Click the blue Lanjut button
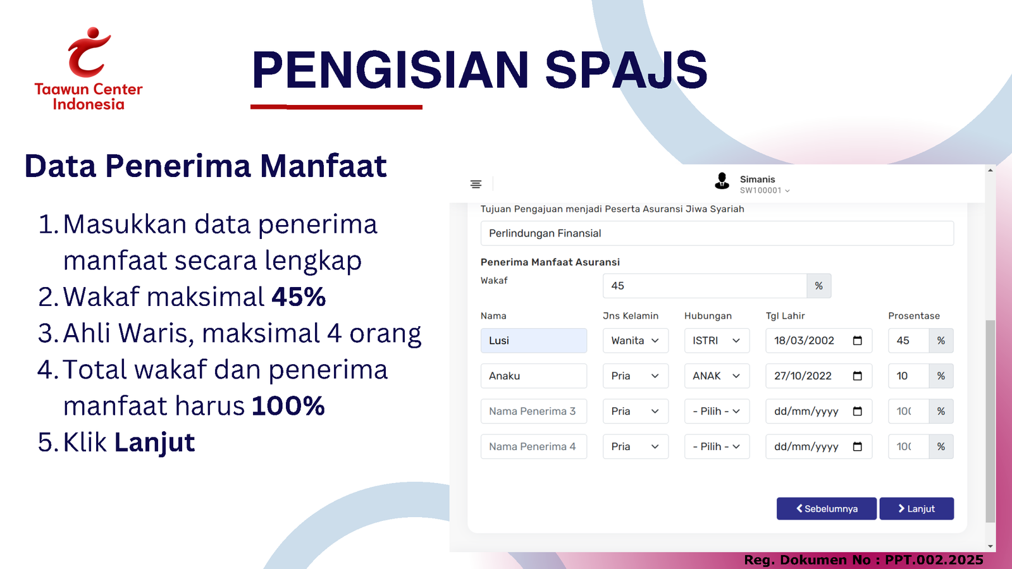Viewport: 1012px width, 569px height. (916, 508)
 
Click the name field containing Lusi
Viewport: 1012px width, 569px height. (534, 341)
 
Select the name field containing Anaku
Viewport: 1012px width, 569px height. (534, 376)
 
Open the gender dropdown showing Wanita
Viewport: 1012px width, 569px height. (635, 341)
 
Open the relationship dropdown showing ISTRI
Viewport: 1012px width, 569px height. (717, 341)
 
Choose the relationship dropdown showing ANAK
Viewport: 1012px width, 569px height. (717, 376)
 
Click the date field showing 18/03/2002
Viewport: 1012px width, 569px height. (818, 341)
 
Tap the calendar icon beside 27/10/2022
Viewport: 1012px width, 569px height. (858, 376)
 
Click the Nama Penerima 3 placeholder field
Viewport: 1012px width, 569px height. (534, 411)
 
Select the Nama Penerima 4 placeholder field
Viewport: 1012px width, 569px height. (534, 446)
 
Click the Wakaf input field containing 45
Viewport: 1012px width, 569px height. (705, 285)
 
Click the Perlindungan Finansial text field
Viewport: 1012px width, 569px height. (717, 233)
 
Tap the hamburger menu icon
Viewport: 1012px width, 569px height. (476, 184)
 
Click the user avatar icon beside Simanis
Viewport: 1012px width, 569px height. (722, 181)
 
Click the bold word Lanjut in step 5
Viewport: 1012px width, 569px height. (154, 442)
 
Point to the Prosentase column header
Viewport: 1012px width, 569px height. (913, 315)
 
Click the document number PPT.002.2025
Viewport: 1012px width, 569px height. (934, 560)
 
